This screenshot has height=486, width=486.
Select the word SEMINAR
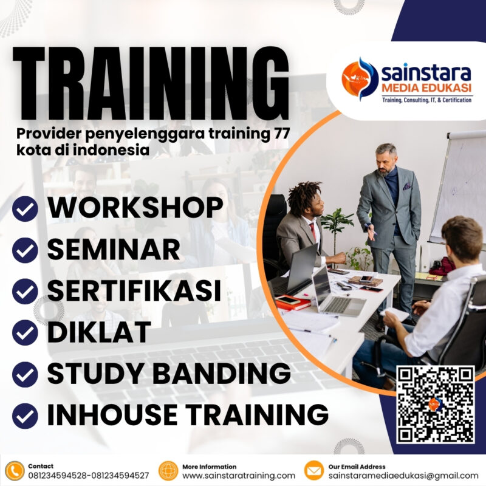coord(114,250)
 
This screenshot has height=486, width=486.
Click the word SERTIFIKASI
coord(134,290)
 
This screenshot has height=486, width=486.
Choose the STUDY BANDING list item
coord(168,373)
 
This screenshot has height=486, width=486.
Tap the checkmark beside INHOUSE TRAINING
coord(26,416)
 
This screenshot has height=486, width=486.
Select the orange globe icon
coord(168,471)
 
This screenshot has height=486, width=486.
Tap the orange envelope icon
coord(313,471)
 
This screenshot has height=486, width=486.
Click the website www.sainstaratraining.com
coord(239,476)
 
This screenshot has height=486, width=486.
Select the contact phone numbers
coord(88,476)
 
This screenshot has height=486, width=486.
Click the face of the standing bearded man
coord(385,159)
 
